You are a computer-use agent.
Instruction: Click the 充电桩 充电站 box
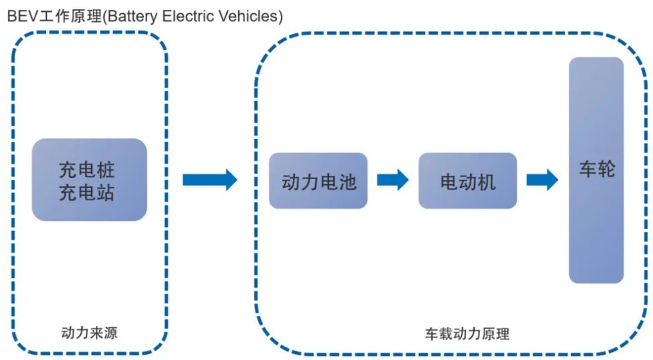click(89, 180)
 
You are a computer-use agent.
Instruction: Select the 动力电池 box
click(318, 181)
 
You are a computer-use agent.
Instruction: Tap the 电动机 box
click(467, 181)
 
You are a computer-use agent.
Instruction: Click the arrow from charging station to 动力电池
click(210, 179)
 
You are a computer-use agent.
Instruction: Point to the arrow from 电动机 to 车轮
click(542, 180)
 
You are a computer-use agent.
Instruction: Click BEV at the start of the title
click(20, 17)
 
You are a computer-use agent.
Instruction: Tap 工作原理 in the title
click(67, 17)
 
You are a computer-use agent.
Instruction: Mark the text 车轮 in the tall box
click(596, 169)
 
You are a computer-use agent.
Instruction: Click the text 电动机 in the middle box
click(468, 182)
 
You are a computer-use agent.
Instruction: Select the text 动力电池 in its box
click(319, 182)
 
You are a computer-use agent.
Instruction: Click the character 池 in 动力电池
click(347, 182)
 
